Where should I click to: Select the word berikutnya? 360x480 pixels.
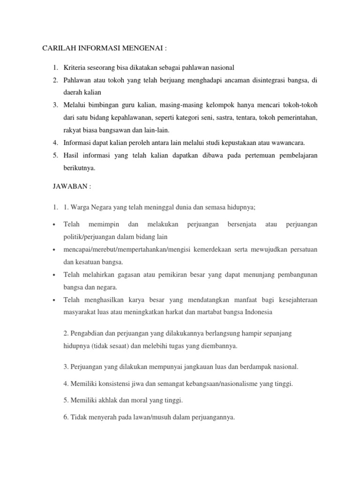79,166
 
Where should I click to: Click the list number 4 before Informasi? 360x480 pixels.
55,142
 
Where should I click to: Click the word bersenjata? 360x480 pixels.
241,225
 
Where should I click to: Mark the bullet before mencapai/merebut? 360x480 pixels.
55,249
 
